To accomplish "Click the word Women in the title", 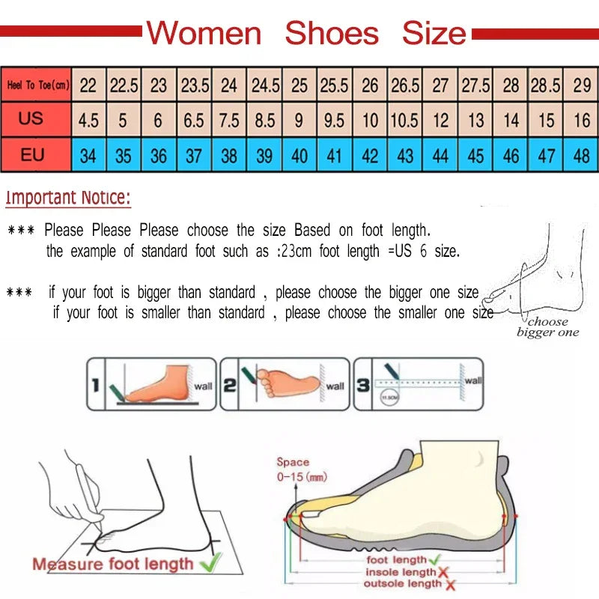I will tap(204, 33).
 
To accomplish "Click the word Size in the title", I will tap(434, 33).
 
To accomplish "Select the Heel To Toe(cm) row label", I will tap(37, 85).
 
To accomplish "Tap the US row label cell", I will tap(31, 119).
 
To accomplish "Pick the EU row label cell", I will tap(31, 155).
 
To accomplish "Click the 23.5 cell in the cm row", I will tap(195, 85).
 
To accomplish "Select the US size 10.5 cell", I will tap(405, 120).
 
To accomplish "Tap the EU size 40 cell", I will tap(299, 156).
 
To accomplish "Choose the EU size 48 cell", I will tap(582, 156).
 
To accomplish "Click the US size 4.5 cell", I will tap(88, 120).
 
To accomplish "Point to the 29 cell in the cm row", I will tap(582, 85).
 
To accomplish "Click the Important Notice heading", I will tap(68, 198).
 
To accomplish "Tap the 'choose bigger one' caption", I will tap(548, 327).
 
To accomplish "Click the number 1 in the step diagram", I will tap(95, 386).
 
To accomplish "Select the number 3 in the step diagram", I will tap(362, 386).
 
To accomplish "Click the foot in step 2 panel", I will tap(288, 382).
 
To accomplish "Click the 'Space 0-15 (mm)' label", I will tap(299, 469).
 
